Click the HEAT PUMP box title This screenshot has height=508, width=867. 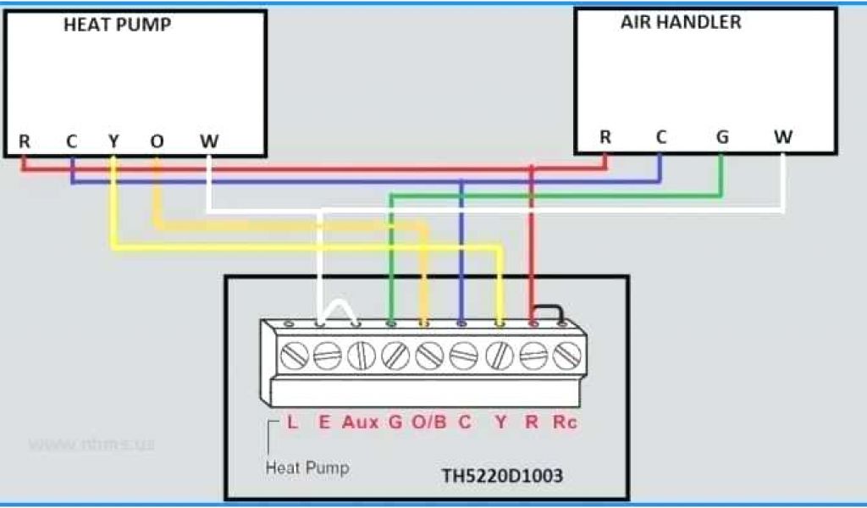(x=118, y=25)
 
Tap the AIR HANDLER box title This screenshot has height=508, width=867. (x=681, y=23)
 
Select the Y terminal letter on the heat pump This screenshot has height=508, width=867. (x=113, y=141)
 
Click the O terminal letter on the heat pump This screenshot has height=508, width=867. (x=157, y=141)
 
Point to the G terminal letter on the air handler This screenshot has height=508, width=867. (x=721, y=137)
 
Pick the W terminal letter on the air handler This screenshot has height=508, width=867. (x=783, y=137)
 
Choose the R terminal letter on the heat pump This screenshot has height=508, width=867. (x=25, y=141)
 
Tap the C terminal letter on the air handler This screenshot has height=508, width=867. (x=660, y=137)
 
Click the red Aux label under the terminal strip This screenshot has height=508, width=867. (x=360, y=422)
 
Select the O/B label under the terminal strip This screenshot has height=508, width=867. (x=428, y=422)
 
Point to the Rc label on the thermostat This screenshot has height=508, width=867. (x=564, y=422)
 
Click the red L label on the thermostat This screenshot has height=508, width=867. (x=292, y=422)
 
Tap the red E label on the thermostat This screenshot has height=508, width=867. (x=324, y=422)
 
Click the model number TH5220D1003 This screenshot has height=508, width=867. (x=502, y=476)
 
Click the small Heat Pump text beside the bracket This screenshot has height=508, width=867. (x=307, y=467)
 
